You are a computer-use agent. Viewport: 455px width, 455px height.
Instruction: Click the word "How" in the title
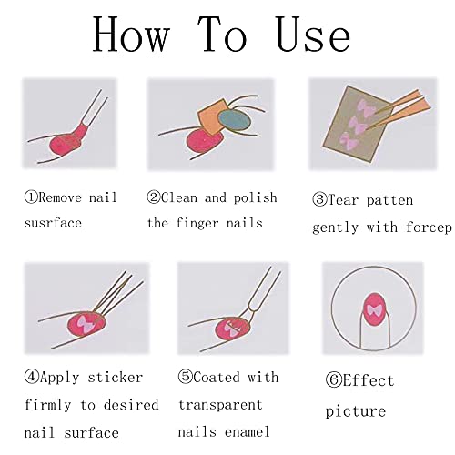130,35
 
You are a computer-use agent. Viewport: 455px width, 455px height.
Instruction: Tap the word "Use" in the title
313,35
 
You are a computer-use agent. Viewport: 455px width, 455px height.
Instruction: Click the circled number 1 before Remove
31,197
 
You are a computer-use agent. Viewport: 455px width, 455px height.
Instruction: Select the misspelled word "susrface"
53,223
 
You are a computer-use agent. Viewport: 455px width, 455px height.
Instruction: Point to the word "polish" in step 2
256,198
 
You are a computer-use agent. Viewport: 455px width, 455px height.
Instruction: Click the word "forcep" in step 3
429,227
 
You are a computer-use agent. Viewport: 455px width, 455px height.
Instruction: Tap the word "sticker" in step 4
116,378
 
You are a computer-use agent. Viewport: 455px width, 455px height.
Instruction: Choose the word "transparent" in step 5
220,405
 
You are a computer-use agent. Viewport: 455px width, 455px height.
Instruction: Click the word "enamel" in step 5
248,431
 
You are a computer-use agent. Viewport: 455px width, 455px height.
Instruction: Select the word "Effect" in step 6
369,380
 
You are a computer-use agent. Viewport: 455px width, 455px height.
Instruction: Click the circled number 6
333,380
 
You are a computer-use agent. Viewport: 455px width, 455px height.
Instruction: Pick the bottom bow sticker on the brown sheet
349,140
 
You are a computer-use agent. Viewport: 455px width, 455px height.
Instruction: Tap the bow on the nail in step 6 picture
373,310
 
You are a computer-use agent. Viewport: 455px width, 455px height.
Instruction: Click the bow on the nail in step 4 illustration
85,324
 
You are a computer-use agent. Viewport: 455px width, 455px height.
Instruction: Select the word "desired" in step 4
131,405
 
